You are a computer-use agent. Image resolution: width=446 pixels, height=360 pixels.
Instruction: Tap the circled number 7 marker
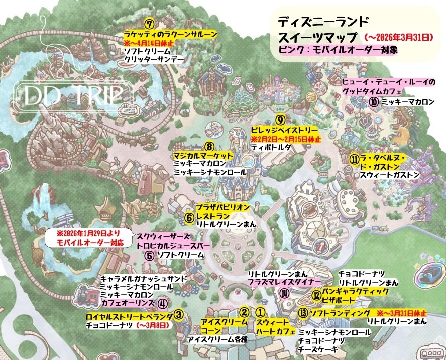(148, 24)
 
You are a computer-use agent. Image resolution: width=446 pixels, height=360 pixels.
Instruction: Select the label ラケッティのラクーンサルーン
(171, 34)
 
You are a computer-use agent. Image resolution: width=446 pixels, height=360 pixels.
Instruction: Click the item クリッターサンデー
(153, 59)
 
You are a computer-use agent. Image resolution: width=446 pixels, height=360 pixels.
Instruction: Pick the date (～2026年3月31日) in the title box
(397, 37)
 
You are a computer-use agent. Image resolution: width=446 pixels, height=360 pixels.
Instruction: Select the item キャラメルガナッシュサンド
(144, 278)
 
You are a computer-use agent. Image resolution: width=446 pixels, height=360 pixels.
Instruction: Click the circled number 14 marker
(285, 294)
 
